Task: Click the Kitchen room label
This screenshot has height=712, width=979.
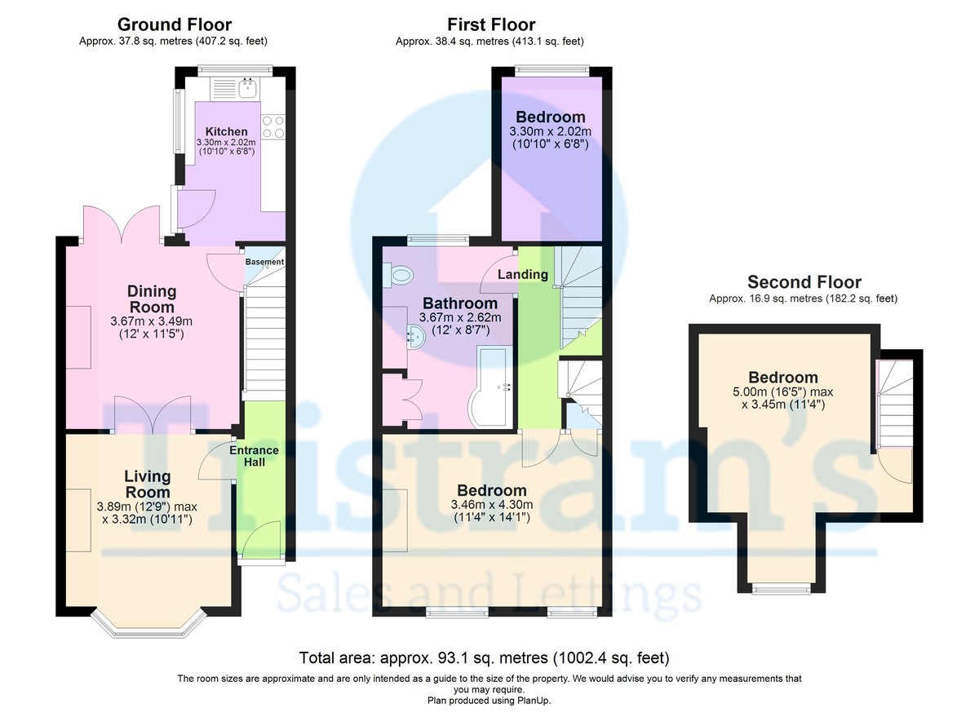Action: point(226,131)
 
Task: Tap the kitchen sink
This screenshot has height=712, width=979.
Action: point(246,86)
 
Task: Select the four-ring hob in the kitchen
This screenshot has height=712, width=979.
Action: point(273,126)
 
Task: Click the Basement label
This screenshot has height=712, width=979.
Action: point(265,262)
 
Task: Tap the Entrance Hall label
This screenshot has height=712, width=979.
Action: point(254,456)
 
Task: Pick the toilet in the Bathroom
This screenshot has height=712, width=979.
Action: point(399,275)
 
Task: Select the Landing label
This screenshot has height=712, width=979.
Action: point(522,274)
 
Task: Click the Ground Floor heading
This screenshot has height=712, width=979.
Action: point(174,24)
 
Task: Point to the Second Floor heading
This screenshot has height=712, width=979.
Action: point(804,282)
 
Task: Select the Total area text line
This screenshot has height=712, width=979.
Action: point(485,657)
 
